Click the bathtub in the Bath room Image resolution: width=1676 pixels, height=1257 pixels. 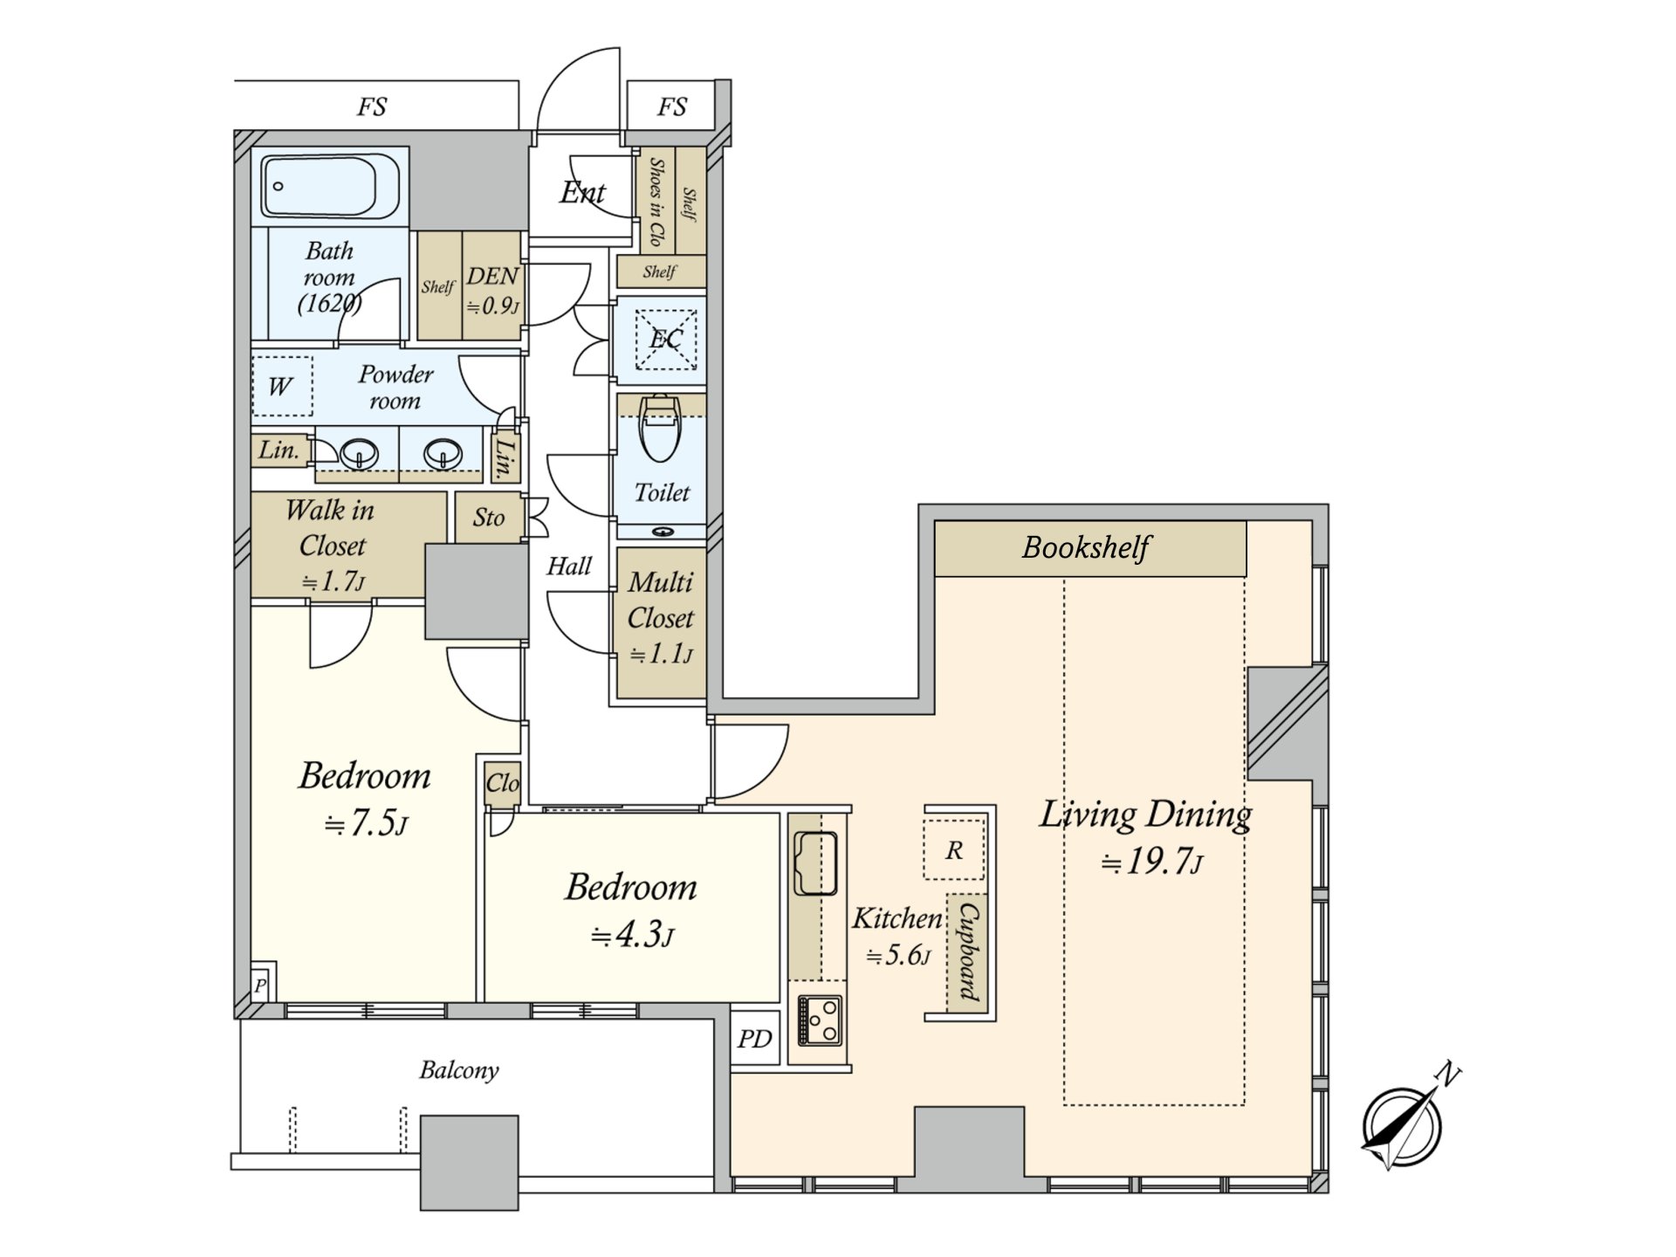[330, 187]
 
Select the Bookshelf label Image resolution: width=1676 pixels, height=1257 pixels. [1086, 547]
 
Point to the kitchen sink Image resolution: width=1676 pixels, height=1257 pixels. [815, 863]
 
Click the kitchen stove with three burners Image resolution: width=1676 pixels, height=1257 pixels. [820, 1020]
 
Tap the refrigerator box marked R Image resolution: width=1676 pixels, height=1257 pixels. [954, 849]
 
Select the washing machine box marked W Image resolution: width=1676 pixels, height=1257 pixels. [281, 386]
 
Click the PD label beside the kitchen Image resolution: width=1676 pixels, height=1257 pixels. [754, 1039]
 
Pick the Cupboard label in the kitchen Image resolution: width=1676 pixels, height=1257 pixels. [968, 951]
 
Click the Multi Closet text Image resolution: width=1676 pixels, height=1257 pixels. [661, 600]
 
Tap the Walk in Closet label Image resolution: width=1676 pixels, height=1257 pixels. [331, 527]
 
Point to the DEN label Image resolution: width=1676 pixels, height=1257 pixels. [493, 276]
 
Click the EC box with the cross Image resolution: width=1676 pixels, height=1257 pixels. [665, 339]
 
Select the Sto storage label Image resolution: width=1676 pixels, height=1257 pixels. [489, 518]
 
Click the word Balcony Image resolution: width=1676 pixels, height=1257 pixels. [459, 1070]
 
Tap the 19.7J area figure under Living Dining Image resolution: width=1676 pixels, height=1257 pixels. [1151, 862]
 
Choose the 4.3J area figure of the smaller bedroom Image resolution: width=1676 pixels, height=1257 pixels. [632, 935]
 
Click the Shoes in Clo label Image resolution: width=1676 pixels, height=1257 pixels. [656, 203]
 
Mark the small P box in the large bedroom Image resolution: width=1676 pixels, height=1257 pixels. [261, 986]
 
